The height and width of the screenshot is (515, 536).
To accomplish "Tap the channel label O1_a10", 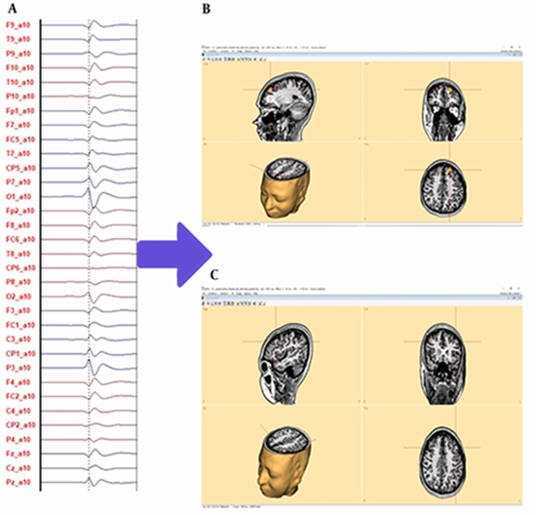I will tap(19, 195).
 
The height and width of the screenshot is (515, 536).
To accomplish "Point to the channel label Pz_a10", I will tap(19, 482).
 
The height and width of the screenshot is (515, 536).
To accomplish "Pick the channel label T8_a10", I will tap(19, 253).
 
